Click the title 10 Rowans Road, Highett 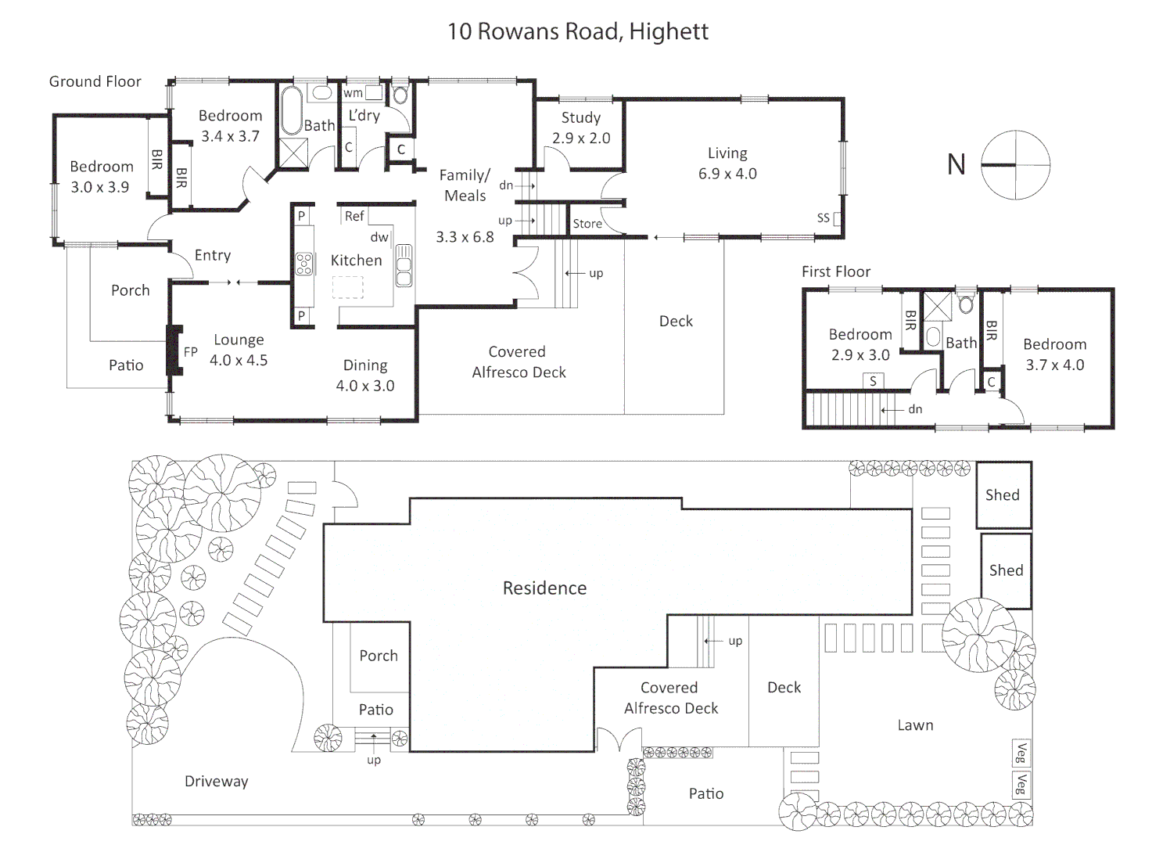pyautogui.click(x=577, y=31)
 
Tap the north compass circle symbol pyautogui.click(x=1015, y=165)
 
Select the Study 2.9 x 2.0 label pyautogui.click(x=581, y=128)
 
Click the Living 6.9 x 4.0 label pyautogui.click(x=727, y=164)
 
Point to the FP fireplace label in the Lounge pyautogui.click(x=191, y=352)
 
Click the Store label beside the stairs pyautogui.click(x=587, y=224)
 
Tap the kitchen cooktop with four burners pyautogui.click(x=304, y=264)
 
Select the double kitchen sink pyautogui.click(x=404, y=266)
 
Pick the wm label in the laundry pyautogui.click(x=353, y=93)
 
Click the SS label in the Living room pyautogui.click(x=823, y=218)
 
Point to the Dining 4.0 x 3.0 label pyautogui.click(x=364, y=376)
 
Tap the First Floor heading pyautogui.click(x=835, y=271)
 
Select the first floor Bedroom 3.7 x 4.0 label pyautogui.click(x=1054, y=354)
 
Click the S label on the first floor pyautogui.click(x=873, y=381)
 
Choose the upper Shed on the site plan pyautogui.click(x=1003, y=494)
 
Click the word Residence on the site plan pyautogui.click(x=544, y=588)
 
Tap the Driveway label pyautogui.click(x=216, y=781)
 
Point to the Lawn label pyautogui.click(x=915, y=725)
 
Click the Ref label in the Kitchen pyautogui.click(x=354, y=216)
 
